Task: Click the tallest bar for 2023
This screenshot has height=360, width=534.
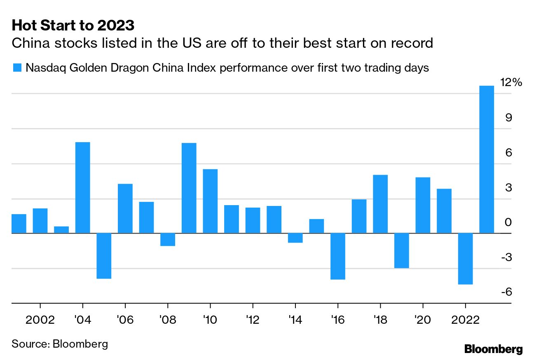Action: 487,159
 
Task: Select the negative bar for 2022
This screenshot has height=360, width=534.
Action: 465,259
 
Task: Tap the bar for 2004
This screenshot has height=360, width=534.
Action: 83,187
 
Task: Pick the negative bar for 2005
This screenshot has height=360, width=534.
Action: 104,256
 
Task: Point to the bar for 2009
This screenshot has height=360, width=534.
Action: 189,188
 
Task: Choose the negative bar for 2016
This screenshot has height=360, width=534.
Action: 338,256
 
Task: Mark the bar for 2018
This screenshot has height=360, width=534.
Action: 380,204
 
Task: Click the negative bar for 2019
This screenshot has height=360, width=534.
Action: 402,250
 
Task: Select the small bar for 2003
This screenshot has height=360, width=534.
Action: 61,230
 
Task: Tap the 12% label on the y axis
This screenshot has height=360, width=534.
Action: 511,83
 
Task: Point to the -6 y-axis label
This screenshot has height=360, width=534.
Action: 506,292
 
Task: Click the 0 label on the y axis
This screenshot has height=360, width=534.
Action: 508,222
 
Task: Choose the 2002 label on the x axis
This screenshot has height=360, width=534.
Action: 40,320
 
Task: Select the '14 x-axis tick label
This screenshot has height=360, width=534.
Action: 295,320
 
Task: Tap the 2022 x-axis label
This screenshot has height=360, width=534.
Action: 465,320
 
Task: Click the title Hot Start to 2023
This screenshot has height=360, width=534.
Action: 73,26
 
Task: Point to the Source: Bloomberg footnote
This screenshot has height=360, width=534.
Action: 60,344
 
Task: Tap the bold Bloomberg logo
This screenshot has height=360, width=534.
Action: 493,349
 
